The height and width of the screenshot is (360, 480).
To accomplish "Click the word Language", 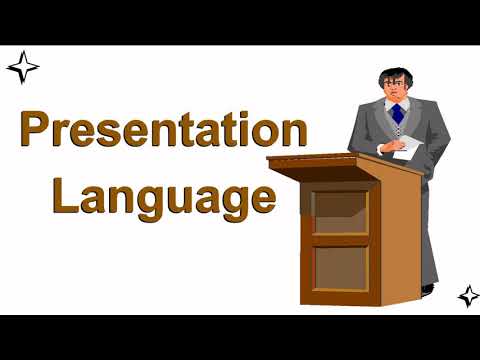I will tap(163, 195).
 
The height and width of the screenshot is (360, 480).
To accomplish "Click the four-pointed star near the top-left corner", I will tap(22, 68).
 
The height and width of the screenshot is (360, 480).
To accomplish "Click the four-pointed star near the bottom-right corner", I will tap(468, 295).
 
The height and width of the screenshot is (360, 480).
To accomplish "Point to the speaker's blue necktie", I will tap(397, 112).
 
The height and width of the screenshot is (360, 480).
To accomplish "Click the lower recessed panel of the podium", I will tap(339, 267).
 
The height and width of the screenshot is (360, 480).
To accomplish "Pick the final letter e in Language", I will tap(261, 197).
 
